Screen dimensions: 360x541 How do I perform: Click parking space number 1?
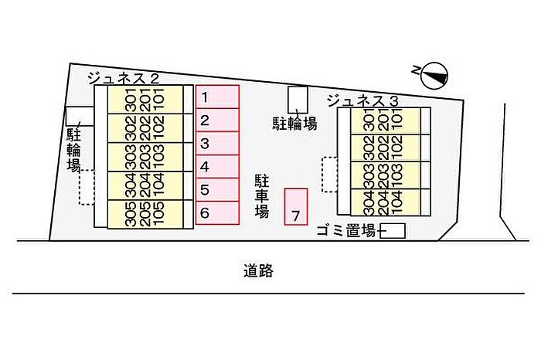[x=217, y=97]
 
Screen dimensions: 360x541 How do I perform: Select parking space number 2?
[x=217, y=121]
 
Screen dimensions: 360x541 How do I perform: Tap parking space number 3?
[x=217, y=144]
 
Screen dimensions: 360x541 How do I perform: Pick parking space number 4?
[x=217, y=167]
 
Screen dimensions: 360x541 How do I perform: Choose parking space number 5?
[x=217, y=190]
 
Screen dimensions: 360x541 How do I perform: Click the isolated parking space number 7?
[x=296, y=207]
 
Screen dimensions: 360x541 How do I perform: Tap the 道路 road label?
[x=258, y=271]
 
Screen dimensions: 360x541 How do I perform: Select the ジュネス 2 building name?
[x=123, y=77]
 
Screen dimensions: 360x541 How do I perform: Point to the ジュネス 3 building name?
[x=362, y=100]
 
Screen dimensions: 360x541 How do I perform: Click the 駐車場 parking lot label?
[x=262, y=195]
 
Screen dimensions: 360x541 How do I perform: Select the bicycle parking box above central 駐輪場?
[x=296, y=98]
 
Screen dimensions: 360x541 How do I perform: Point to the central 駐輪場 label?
[x=294, y=124]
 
